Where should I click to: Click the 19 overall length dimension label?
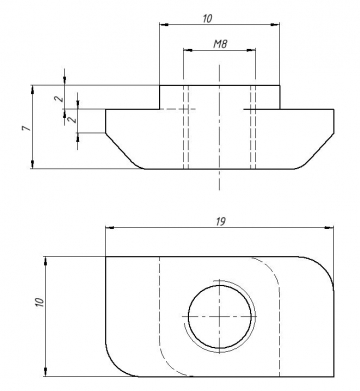[x=221, y=221]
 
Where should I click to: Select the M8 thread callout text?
[x=220, y=44]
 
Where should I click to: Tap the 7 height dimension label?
[x=26, y=128]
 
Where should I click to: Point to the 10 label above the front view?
[x=207, y=18]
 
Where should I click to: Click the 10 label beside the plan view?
[x=39, y=302]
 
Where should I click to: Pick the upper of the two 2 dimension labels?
[x=59, y=99]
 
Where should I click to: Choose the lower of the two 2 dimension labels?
[x=72, y=119]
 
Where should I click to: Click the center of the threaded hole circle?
[x=220, y=316]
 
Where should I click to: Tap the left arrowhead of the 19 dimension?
[x=110, y=228]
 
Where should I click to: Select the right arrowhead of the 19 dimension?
[x=330, y=228]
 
